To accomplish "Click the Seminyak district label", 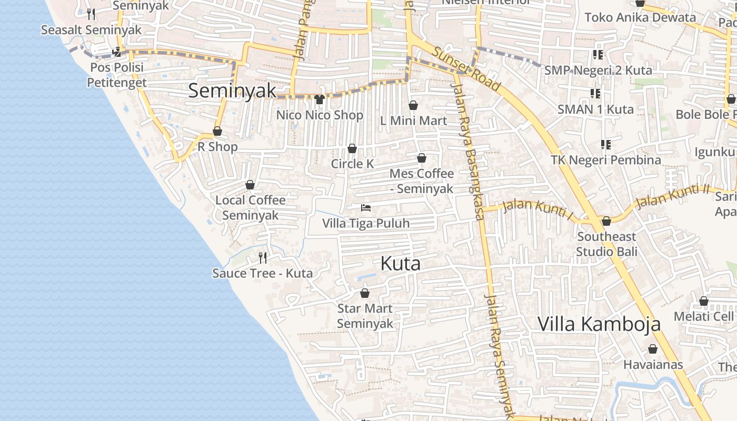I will [x=232, y=91].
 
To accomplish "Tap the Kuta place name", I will [x=400, y=264].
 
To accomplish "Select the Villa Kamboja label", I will [x=599, y=324].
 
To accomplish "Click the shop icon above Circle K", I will [x=352, y=148].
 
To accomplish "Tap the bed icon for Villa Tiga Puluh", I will [x=366, y=208].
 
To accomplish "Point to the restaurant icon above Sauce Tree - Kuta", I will [x=263, y=257].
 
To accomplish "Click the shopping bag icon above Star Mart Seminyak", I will [x=365, y=293].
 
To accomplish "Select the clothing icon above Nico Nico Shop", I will [x=320, y=99].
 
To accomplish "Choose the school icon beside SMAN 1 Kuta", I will [x=595, y=94].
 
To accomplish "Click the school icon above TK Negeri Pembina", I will [x=606, y=144].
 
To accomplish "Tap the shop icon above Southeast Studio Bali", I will [x=606, y=221].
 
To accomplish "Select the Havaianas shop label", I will [x=653, y=364].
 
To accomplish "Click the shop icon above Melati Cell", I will [x=704, y=302].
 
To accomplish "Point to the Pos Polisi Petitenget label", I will [x=117, y=75].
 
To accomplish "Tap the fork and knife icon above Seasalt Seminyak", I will [x=92, y=14].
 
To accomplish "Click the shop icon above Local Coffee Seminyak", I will [x=250, y=185].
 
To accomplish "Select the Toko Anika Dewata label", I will [x=640, y=17].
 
